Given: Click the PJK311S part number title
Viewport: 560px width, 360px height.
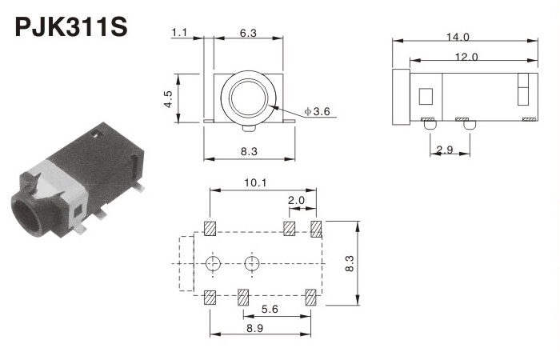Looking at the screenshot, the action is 71,26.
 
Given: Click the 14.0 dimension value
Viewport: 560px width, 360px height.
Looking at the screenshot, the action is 458,37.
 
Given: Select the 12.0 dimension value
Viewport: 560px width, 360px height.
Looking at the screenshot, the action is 466,57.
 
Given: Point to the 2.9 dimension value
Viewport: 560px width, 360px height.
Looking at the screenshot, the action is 445,150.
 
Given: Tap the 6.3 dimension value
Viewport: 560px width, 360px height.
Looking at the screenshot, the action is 248,34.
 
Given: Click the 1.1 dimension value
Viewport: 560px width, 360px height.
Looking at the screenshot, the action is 179,33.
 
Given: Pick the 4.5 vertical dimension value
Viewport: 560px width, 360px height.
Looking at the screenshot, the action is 168,99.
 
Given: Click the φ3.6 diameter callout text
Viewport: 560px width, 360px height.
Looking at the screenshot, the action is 317,111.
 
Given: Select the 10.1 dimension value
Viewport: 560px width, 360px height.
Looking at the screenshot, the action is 255,183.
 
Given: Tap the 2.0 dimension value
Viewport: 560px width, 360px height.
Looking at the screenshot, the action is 297,200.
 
